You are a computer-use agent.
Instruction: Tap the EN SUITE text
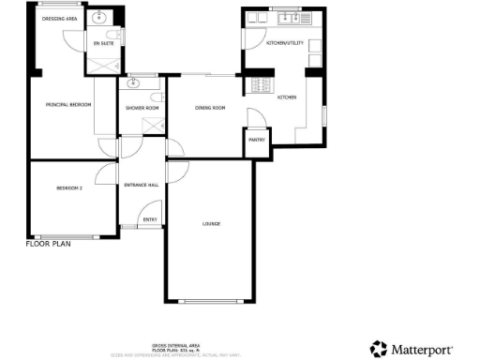(103, 42)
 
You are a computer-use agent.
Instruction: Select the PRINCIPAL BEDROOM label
(68, 104)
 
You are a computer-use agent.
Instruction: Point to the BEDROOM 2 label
(69, 188)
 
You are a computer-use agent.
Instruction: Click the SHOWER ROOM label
(142, 109)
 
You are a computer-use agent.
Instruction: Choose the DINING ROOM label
(211, 109)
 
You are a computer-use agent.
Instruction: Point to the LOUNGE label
(210, 223)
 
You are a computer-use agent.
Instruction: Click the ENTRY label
(148, 220)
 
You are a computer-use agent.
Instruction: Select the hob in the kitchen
(260, 85)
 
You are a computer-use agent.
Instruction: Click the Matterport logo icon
(378, 349)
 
